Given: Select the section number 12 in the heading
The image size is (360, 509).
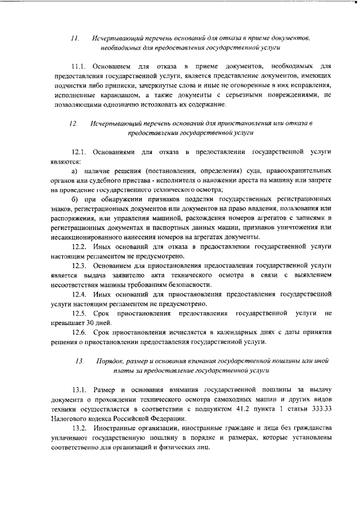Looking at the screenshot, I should coord(74,123).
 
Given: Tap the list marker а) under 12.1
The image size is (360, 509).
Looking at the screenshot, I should coord(74,170).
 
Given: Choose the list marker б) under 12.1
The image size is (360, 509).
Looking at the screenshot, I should coord(75,199).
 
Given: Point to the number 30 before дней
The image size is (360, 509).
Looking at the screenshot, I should coord(85,322).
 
